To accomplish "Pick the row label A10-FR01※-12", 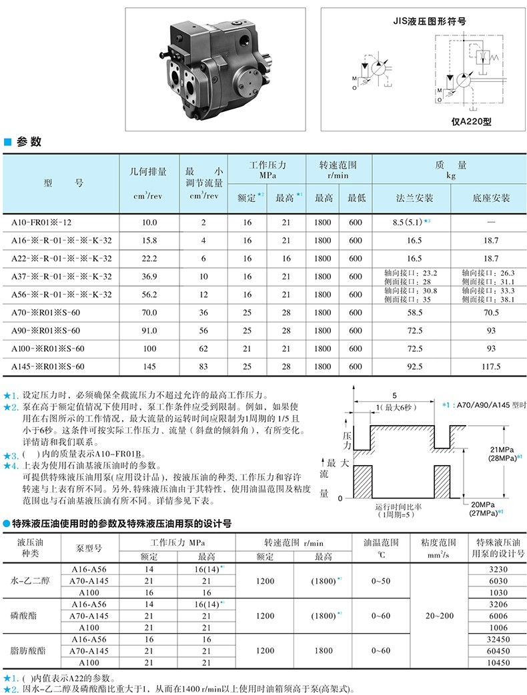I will coord(41,223).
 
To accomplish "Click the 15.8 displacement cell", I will coord(149,241).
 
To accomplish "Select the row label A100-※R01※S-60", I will coord(48,348).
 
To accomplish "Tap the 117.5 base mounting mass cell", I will coord(491,366).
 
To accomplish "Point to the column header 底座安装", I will coord(491,199).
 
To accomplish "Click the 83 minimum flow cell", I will coord(204,366).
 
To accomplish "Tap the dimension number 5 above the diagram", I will coord(395,394).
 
